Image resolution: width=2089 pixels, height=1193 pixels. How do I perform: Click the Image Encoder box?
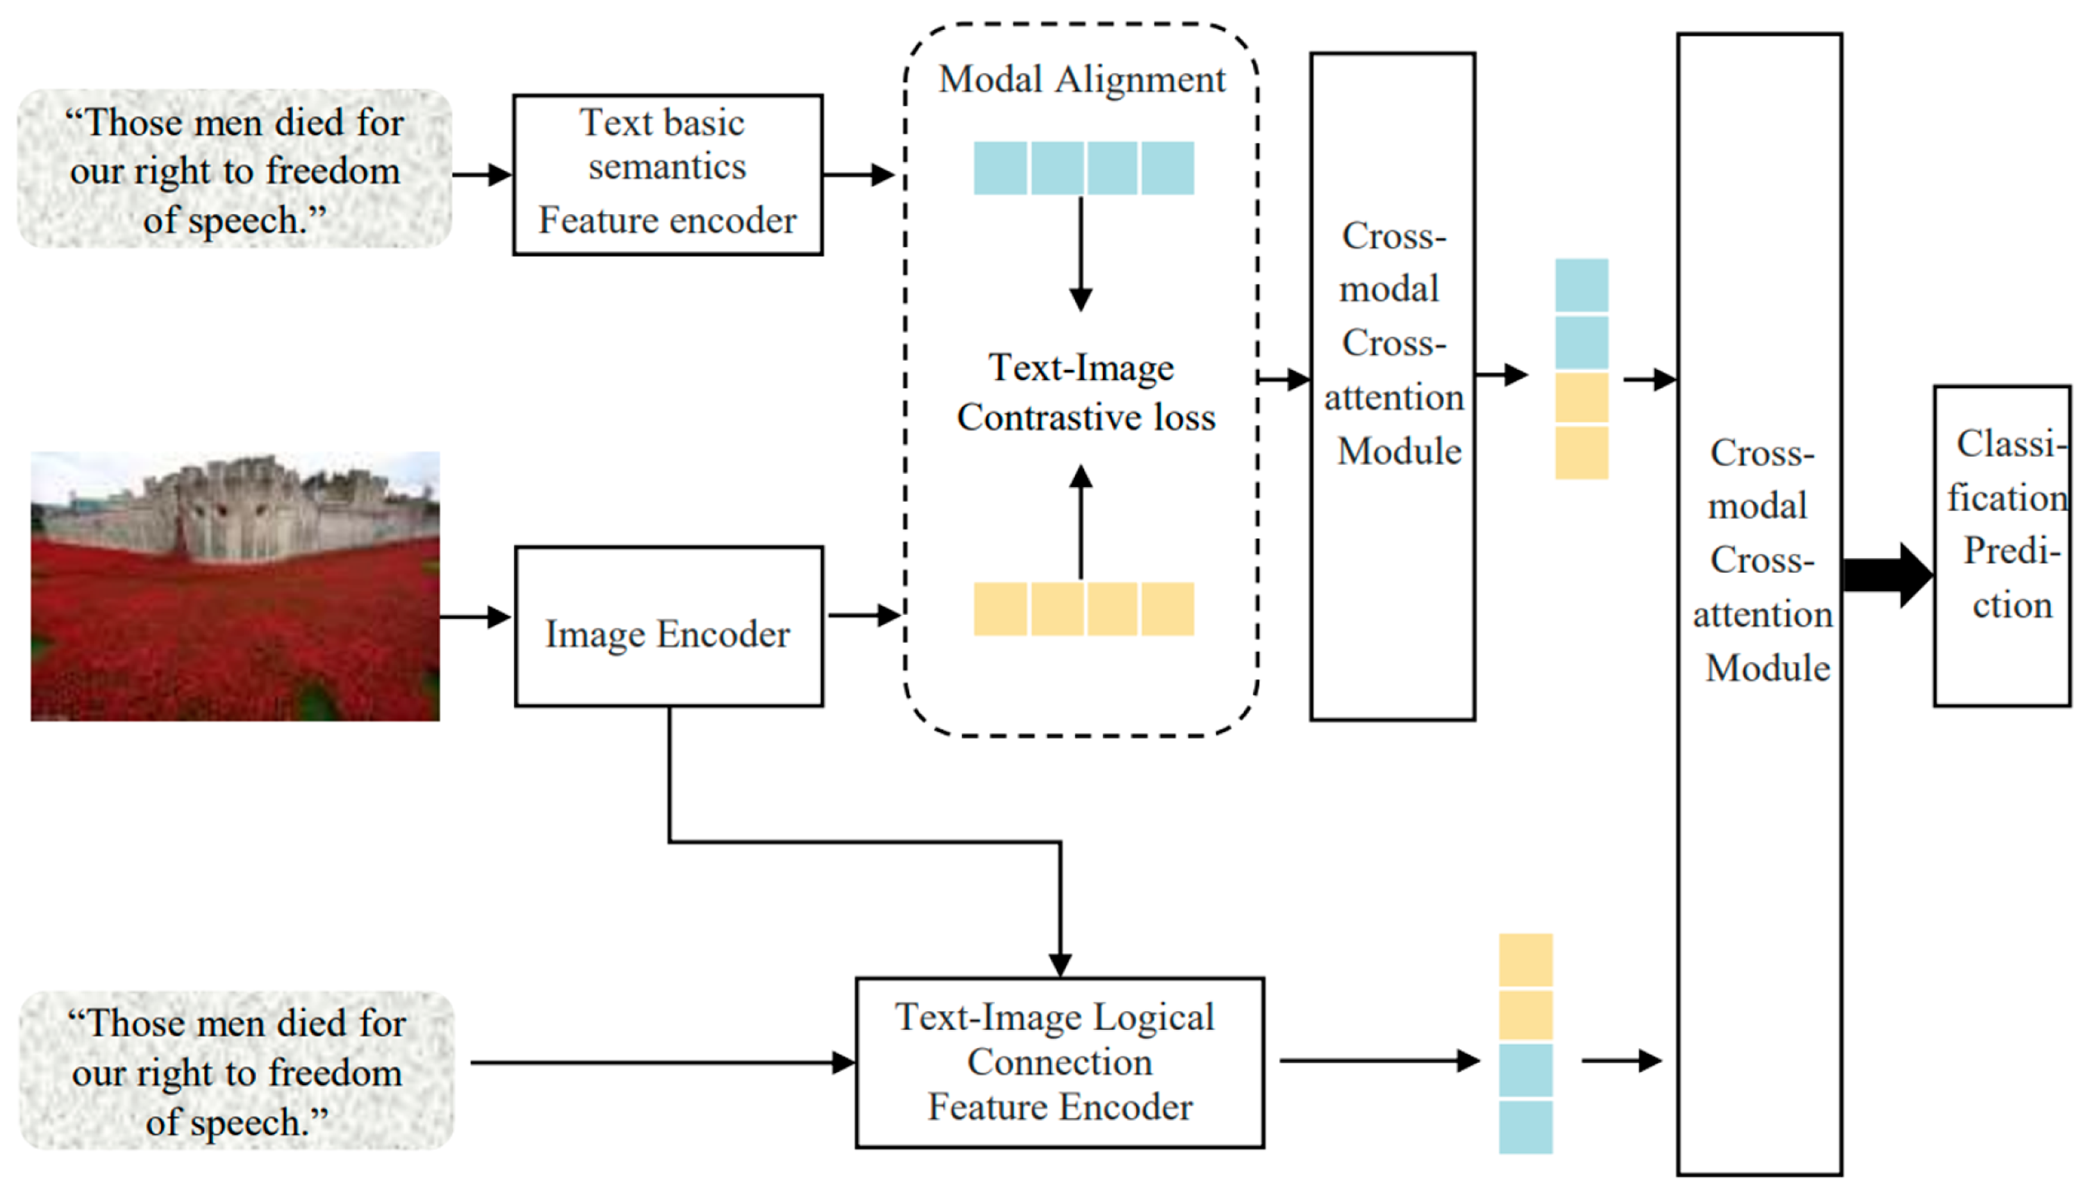click(x=668, y=626)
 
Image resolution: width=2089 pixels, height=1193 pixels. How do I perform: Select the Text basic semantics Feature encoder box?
click(x=667, y=174)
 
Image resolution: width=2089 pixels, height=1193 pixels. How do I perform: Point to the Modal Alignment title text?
click(x=1081, y=80)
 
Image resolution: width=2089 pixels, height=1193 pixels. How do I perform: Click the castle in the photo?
click(x=238, y=508)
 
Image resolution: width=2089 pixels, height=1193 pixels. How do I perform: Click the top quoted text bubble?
click(x=235, y=170)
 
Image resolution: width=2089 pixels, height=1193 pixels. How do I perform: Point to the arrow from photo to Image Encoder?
click(x=475, y=616)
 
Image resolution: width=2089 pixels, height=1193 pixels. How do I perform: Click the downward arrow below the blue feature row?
click(x=1081, y=254)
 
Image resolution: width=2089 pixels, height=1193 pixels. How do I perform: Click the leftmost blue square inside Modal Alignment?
click(x=999, y=168)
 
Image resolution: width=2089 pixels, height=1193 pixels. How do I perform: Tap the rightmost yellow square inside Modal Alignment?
click(x=1167, y=609)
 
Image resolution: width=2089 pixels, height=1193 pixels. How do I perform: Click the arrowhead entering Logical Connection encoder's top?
click(x=1060, y=964)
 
